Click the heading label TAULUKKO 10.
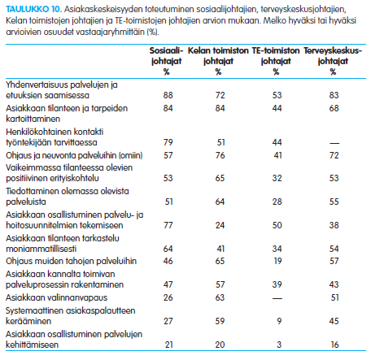[34, 9]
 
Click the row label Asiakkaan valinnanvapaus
[57, 297]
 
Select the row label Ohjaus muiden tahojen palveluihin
[72, 261]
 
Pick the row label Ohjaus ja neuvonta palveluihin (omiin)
[74, 155]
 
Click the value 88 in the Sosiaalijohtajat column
[168, 95]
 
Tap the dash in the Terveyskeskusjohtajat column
[334, 143]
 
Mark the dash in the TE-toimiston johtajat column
[277, 298]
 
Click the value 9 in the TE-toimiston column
[279, 321]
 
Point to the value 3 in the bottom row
[279, 345]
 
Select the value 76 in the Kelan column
[220, 155]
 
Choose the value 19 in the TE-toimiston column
[277, 261]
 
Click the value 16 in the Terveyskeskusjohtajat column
[334, 345]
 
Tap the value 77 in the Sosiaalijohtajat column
[168, 225]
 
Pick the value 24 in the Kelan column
[220, 225]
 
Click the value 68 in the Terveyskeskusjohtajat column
[334, 108]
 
